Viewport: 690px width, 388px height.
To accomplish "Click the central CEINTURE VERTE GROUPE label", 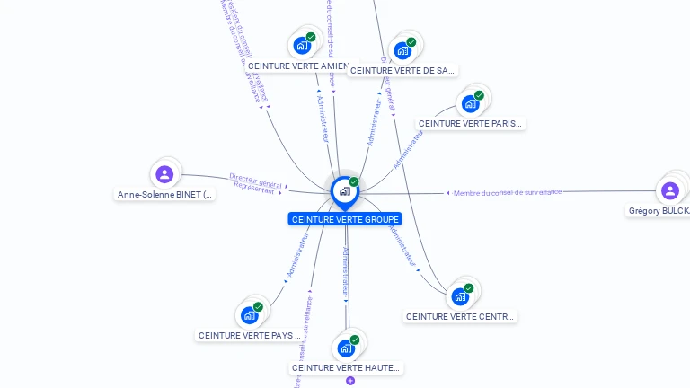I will click(x=345, y=219).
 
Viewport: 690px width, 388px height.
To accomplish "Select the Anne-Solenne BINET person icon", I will click(x=164, y=174).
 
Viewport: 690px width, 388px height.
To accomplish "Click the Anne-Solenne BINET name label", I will click(x=165, y=194).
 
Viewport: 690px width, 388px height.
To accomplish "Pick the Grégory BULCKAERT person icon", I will click(x=669, y=190).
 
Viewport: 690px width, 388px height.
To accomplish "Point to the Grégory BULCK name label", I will click(x=659, y=211).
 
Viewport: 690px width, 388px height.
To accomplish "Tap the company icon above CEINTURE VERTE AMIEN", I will click(x=302, y=45).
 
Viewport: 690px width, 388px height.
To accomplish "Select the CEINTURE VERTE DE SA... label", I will click(x=402, y=70).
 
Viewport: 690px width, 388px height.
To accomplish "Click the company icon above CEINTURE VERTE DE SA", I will click(x=402, y=50).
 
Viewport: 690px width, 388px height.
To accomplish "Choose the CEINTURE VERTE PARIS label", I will click(x=470, y=123).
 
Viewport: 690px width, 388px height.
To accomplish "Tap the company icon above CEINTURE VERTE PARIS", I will click(x=470, y=103).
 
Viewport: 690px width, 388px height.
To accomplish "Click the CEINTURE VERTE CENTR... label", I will click(x=460, y=316).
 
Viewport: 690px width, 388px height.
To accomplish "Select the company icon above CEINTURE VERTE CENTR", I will click(x=460, y=296).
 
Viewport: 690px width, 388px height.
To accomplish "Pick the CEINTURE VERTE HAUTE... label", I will click(x=346, y=367).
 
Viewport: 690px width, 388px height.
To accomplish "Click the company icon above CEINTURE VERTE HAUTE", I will click(x=346, y=348).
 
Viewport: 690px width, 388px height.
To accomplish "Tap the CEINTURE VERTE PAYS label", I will click(x=248, y=335).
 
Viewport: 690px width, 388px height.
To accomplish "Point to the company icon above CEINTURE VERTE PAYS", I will click(x=249, y=315).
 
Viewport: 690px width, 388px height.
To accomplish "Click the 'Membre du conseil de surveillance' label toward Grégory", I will click(x=508, y=192).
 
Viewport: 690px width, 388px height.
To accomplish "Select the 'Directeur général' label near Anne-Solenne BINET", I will click(x=255, y=180).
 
